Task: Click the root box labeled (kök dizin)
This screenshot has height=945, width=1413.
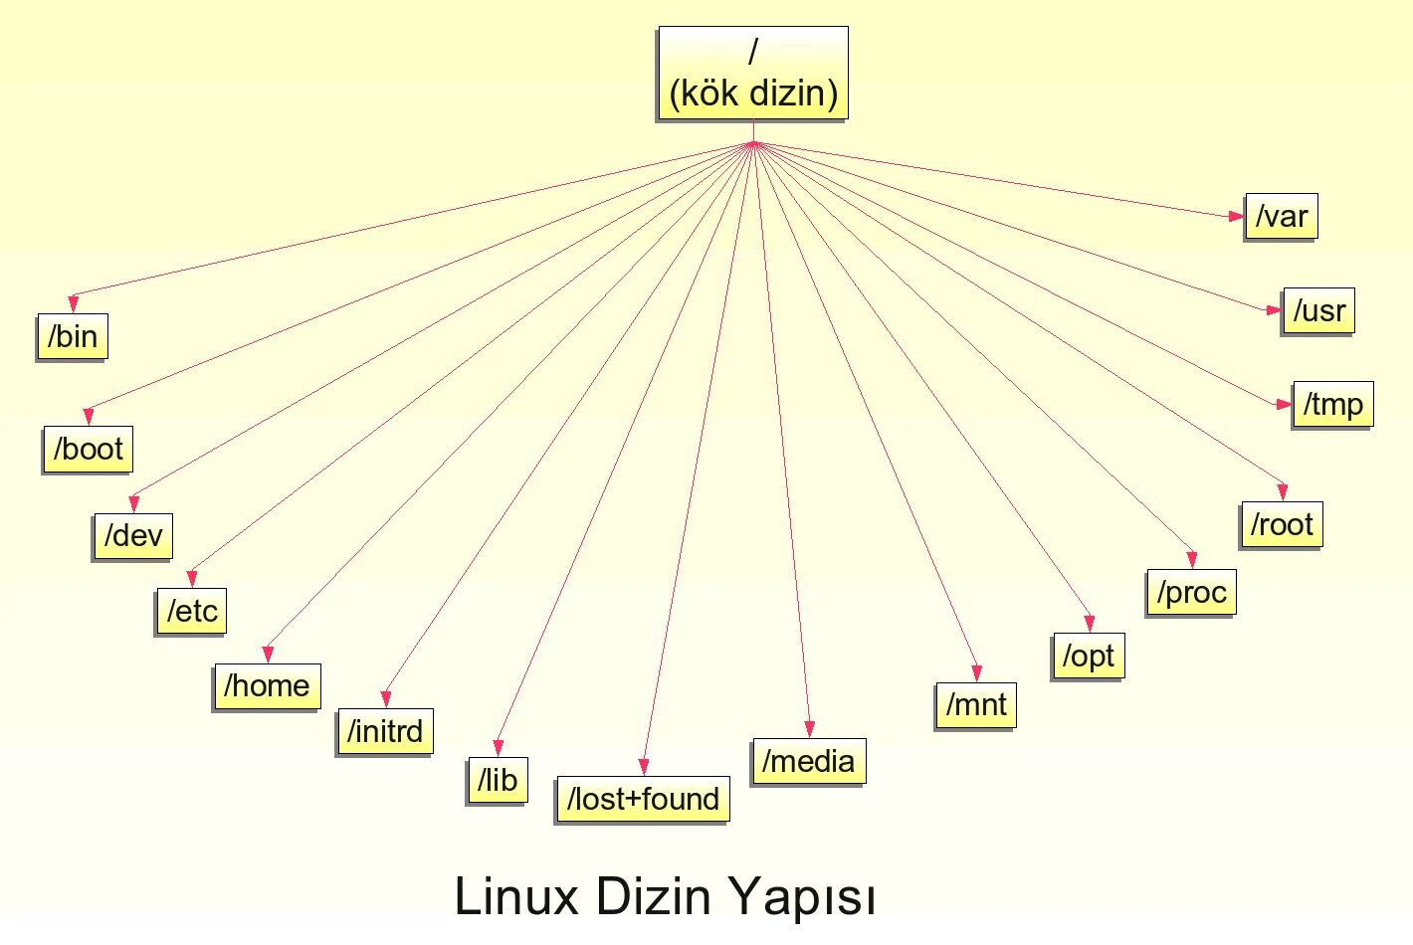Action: coord(753,74)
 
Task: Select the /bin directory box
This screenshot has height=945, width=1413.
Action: coord(72,336)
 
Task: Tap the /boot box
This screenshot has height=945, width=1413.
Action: coord(88,449)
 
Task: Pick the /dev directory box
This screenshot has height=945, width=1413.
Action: coord(133,536)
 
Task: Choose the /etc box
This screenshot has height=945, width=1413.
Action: coord(191,611)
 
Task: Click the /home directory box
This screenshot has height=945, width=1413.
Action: coord(267,686)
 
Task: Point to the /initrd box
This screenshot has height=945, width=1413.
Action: coord(385,732)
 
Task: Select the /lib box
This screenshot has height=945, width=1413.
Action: coord(497,781)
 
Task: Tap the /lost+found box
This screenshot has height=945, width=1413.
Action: coord(643,799)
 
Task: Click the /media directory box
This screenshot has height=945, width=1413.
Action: coord(808,762)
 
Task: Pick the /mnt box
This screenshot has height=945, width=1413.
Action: coord(975,705)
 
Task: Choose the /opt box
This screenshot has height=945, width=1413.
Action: coord(1088,657)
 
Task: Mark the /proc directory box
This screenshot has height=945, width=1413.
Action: coord(1191,593)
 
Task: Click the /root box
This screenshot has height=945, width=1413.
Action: coord(1282,524)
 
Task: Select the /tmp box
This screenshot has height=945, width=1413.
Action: coord(1332,405)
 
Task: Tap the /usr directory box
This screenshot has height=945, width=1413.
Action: coord(1318,311)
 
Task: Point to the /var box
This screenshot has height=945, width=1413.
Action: coord(1282,217)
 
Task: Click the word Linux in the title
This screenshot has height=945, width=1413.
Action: coord(516,897)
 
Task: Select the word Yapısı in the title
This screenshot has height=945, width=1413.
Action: coord(803,897)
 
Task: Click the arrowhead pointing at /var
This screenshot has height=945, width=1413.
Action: coord(1236,216)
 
